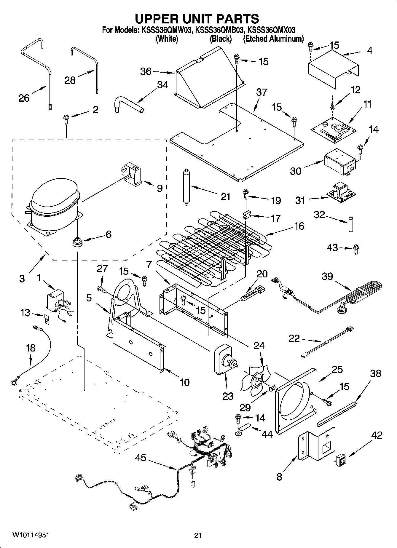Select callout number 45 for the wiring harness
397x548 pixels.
coord(141,458)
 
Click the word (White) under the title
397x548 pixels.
coord(167,39)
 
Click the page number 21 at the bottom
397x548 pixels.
coord(198,535)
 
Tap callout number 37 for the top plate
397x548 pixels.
coord(262,92)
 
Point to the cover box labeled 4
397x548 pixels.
coord(332,70)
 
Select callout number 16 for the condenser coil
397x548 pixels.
coord(299,226)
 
